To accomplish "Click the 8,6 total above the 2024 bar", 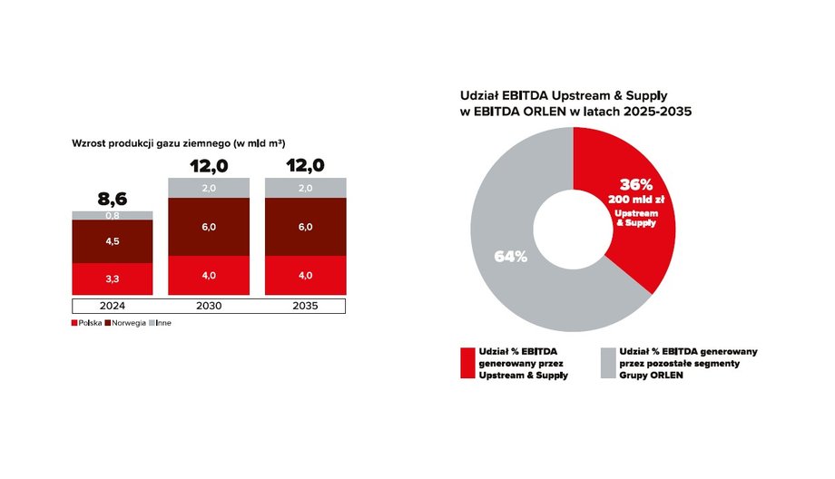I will click(x=112, y=199).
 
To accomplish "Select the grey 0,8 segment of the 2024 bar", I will click(x=112, y=215).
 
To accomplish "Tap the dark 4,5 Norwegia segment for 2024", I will click(x=112, y=241).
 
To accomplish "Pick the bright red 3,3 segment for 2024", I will click(x=112, y=279).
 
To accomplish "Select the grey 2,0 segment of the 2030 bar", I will click(x=208, y=188).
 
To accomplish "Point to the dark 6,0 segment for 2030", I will click(x=208, y=227).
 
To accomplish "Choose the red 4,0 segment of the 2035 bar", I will click(x=305, y=275).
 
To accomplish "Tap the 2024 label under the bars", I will click(x=112, y=305).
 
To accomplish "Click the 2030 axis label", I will click(x=208, y=305).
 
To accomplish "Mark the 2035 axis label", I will click(x=305, y=305).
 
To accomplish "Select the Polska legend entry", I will click(x=86, y=324).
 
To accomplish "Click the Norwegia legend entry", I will click(x=127, y=324).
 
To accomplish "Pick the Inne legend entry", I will click(x=163, y=324).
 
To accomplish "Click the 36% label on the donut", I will click(x=636, y=182).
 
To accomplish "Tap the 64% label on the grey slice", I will click(x=511, y=256).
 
